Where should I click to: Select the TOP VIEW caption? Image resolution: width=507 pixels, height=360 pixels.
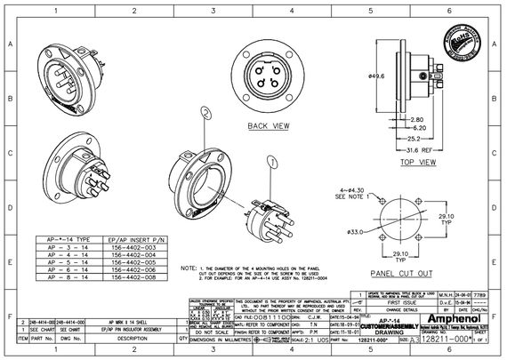418,164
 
